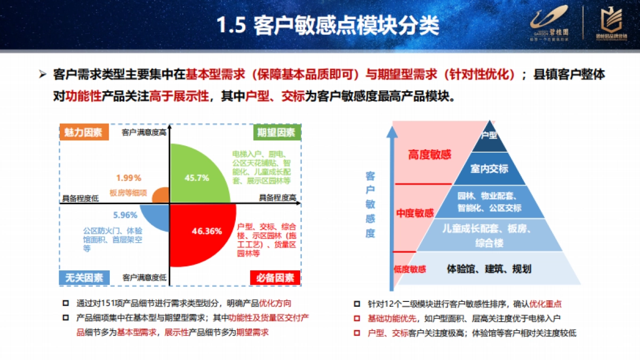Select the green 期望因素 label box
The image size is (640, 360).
coord(276,133)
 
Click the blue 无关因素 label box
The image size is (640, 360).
coord(83,277)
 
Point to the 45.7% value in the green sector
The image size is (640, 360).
coord(196,178)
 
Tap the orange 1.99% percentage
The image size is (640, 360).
coord(129,178)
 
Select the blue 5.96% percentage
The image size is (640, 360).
coord(125,215)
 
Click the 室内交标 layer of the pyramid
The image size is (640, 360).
coord(489,169)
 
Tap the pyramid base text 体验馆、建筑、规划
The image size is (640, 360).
coord(489,268)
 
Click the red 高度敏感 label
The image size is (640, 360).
coord(429,155)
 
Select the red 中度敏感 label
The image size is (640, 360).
coord(415,213)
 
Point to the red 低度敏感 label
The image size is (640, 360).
coord(410,269)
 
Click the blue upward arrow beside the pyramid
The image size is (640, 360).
coord(392,203)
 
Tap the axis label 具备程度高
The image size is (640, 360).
coord(277,197)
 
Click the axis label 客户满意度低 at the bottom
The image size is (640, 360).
coord(144,277)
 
